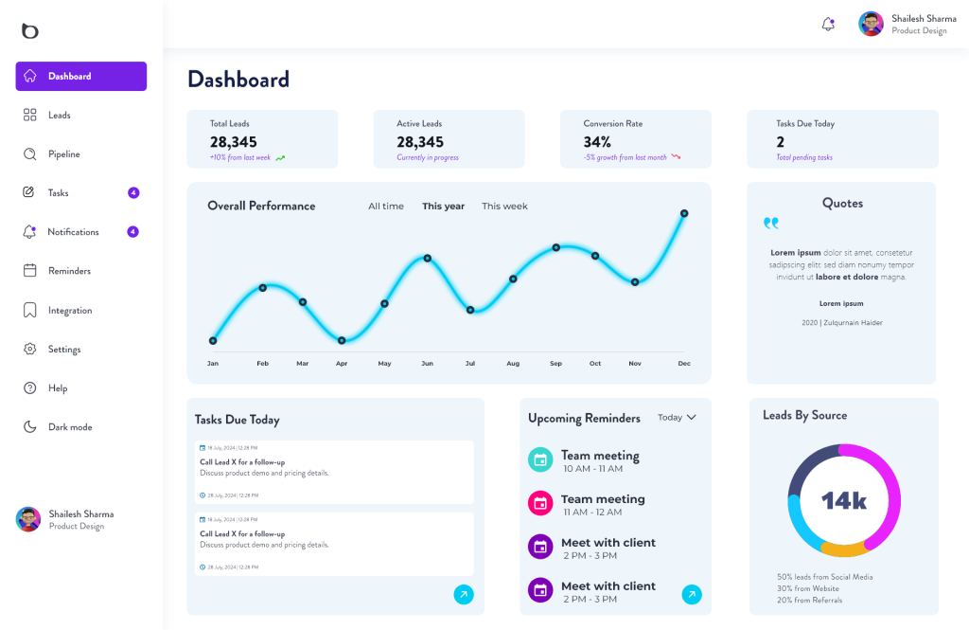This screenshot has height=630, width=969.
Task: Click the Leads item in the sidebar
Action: click(59, 115)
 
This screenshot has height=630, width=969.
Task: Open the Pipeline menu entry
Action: click(63, 154)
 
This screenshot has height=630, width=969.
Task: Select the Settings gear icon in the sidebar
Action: click(30, 349)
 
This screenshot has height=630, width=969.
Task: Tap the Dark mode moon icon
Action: click(30, 427)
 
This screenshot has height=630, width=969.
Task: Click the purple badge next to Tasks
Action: click(133, 193)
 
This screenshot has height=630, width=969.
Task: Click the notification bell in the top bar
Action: click(828, 24)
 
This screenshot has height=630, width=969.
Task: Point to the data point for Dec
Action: click(683, 213)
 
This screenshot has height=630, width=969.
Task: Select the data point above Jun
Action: click(428, 258)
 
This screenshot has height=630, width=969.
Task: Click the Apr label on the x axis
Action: click(342, 364)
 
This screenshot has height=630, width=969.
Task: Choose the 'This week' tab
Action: click(504, 207)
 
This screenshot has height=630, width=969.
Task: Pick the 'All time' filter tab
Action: click(386, 207)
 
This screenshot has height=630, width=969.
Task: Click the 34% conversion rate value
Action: click(597, 142)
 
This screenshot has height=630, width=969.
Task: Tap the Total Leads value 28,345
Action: click(233, 142)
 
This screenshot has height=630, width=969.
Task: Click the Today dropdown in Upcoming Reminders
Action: click(677, 418)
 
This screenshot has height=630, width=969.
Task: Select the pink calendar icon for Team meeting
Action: click(539, 503)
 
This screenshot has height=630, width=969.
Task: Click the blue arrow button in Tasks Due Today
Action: click(463, 594)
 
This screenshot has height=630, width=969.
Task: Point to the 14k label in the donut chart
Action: click(843, 501)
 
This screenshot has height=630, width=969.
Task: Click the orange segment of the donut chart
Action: click(844, 549)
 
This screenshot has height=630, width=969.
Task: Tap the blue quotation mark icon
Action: click(771, 224)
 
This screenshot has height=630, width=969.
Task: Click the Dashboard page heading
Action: click(238, 80)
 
